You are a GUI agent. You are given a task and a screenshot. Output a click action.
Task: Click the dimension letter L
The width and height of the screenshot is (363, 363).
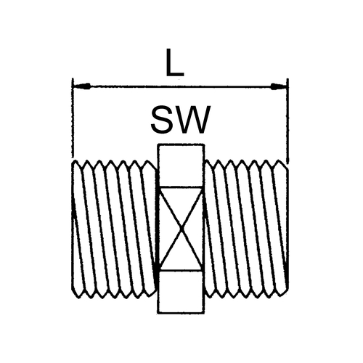pyautogui.click(x=175, y=62)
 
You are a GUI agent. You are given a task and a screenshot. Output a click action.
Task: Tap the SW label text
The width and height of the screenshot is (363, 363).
pyautogui.click(x=181, y=120)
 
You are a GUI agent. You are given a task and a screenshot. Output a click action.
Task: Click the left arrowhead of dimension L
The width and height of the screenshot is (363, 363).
pyautogui.click(x=82, y=86)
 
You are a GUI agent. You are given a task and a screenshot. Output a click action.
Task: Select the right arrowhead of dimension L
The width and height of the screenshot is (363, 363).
pyautogui.click(x=279, y=86)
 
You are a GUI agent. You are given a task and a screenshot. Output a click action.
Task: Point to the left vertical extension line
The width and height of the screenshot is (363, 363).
pyautogui.click(x=73, y=118)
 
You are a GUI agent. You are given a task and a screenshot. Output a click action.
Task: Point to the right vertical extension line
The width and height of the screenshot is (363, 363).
pyautogui.click(x=287, y=121)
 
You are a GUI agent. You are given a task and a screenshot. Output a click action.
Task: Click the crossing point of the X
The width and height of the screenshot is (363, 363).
pyautogui.click(x=181, y=228)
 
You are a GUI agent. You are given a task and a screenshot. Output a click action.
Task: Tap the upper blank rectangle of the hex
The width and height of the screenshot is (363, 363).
pyautogui.click(x=181, y=166)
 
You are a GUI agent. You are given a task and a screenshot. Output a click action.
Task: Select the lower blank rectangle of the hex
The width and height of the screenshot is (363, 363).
pyautogui.click(x=181, y=292)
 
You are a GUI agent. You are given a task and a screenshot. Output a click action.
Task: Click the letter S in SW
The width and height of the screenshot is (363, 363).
pyautogui.click(x=161, y=120)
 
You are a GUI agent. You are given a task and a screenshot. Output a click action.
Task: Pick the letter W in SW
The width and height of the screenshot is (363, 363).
pyautogui.click(x=193, y=120)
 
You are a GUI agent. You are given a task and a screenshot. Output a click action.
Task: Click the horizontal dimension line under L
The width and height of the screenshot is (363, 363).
pyautogui.click(x=180, y=86)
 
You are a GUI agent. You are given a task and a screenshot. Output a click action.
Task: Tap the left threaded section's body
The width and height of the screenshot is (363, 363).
pyautogui.click(x=114, y=229)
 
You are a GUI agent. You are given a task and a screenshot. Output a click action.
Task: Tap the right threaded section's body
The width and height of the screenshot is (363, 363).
pyautogui.click(x=246, y=229)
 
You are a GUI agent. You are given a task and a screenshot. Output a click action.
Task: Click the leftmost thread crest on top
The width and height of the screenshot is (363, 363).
pyautogui.click(x=77, y=162)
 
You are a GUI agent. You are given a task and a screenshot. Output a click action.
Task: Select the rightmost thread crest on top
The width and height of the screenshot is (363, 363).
pyautogui.click(x=281, y=162)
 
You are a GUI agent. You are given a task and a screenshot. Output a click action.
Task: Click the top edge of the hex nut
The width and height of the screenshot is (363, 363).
pyautogui.click(x=181, y=145)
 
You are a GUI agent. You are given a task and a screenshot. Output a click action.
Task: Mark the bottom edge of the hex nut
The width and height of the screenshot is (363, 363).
pyautogui.click(x=181, y=313)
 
